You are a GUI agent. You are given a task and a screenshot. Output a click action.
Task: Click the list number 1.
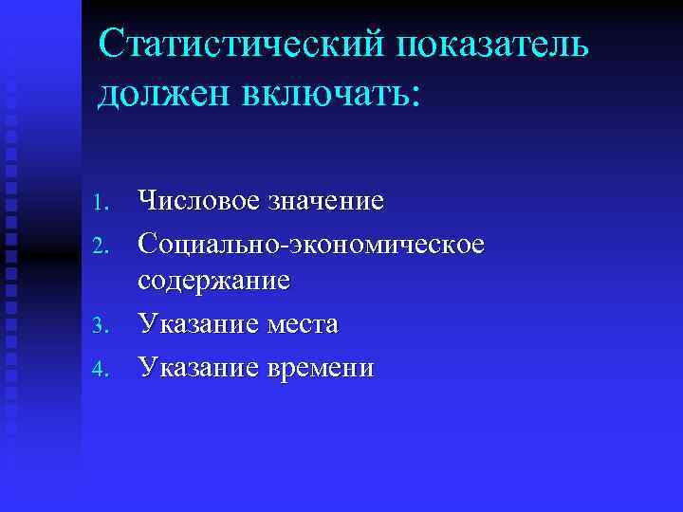(104, 202)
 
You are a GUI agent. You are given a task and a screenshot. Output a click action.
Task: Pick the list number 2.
(104, 246)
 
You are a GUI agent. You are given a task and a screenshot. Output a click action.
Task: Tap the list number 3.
(104, 327)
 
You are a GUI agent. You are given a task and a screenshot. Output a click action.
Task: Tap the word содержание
(214, 282)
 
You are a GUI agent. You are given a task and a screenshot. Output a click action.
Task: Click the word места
(302, 324)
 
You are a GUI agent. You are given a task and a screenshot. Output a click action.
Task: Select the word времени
(321, 367)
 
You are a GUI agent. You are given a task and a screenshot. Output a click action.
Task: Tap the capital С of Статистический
(114, 44)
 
